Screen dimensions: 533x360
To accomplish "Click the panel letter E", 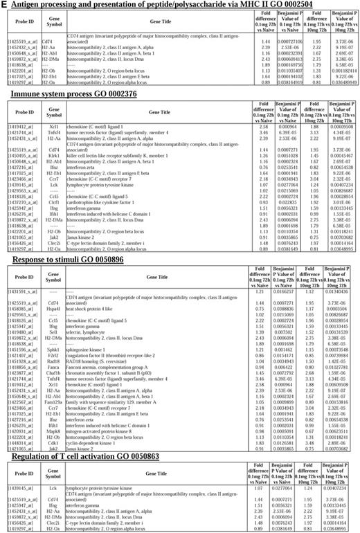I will pos(5,6).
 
